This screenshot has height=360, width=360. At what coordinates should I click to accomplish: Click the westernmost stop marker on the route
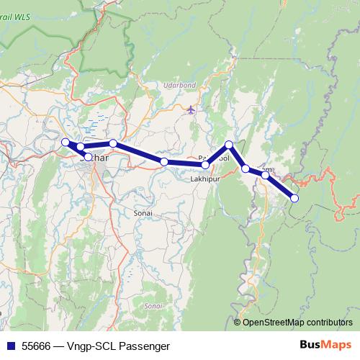pyautogui.click(x=66, y=142)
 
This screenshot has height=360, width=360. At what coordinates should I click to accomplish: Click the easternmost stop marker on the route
pyautogui.click(x=294, y=197)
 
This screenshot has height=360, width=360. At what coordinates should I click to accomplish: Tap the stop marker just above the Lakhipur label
pyautogui.click(x=206, y=165)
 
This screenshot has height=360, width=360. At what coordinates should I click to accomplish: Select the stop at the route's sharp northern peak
pyautogui.click(x=229, y=145)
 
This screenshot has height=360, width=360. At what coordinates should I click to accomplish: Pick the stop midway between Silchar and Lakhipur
pyautogui.click(x=164, y=162)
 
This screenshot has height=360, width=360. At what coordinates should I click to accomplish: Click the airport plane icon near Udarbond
pyautogui.click(x=190, y=110)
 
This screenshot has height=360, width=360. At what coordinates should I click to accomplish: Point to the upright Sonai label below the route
pyautogui.click(x=144, y=214)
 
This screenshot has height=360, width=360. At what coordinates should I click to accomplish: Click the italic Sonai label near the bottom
pyautogui.click(x=151, y=306)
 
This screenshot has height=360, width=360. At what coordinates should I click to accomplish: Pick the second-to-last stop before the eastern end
pyautogui.click(x=265, y=175)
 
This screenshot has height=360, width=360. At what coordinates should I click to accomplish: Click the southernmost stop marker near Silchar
pyautogui.click(x=88, y=156)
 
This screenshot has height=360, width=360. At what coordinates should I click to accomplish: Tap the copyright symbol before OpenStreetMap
pyautogui.click(x=238, y=323)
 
